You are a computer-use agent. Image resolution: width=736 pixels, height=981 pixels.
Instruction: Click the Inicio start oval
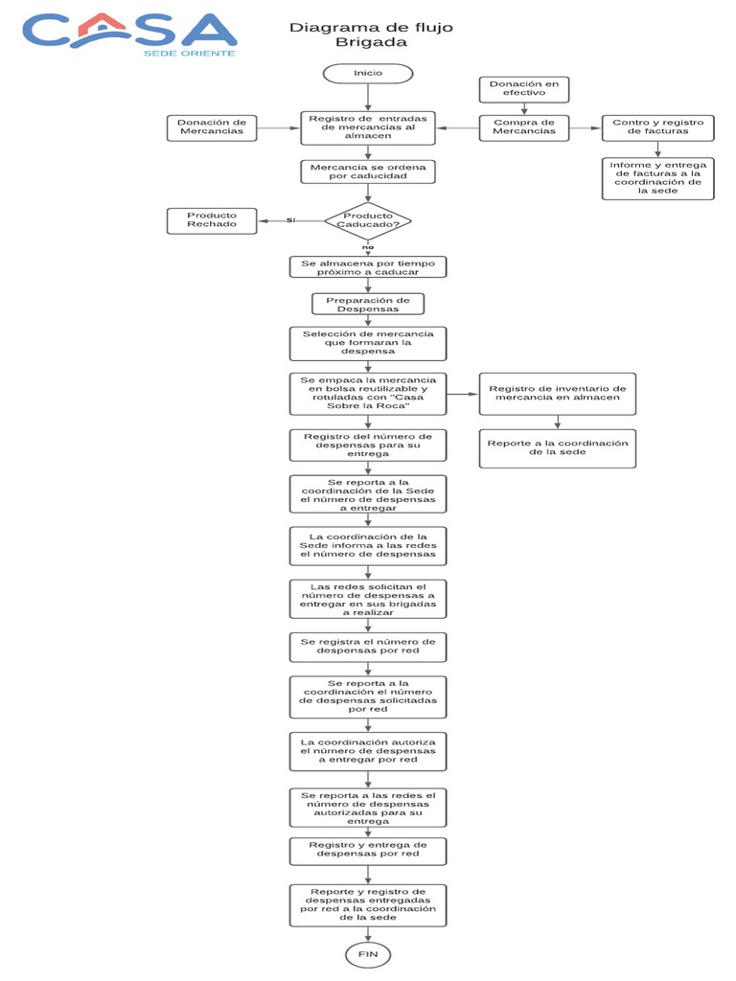tap(368, 74)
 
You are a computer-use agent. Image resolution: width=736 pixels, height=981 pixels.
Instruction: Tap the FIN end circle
tap(368, 954)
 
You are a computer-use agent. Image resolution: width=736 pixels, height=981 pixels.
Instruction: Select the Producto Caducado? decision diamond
tap(368, 220)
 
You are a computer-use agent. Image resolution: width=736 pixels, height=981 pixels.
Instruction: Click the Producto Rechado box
tap(212, 220)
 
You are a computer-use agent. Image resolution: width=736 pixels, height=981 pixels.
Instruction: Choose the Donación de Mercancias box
tap(212, 127)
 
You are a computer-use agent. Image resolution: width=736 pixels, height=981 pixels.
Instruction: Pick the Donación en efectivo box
tap(524, 89)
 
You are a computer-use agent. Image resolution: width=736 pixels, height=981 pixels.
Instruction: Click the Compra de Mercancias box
tap(524, 127)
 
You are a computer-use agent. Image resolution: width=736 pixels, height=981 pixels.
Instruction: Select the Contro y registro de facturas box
tap(657, 127)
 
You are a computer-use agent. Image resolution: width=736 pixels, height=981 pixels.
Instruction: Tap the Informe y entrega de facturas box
tap(657, 178)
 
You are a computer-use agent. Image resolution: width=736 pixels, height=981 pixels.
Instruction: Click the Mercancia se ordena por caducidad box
tap(368, 172)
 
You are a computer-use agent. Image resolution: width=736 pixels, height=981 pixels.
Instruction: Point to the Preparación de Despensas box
tap(368, 305)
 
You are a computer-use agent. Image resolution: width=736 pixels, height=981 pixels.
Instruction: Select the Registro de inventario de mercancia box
tap(557, 394)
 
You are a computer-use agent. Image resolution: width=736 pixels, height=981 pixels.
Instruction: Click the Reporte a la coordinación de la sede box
tap(557, 448)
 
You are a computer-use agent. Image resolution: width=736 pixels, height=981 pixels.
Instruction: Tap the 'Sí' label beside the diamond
tap(291, 220)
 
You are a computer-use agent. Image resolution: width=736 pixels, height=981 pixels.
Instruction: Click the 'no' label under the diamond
tap(368, 247)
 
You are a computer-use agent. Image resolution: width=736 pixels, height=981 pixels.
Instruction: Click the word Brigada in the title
tap(371, 43)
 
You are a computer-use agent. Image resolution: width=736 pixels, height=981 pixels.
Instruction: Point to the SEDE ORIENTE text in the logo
tap(189, 53)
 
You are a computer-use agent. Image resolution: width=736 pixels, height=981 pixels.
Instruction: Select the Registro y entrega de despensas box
tap(368, 850)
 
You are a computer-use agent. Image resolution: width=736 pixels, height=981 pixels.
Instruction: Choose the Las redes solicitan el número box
tap(368, 599)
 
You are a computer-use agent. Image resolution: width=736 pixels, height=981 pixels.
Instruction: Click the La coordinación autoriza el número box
tap(368, 751)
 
